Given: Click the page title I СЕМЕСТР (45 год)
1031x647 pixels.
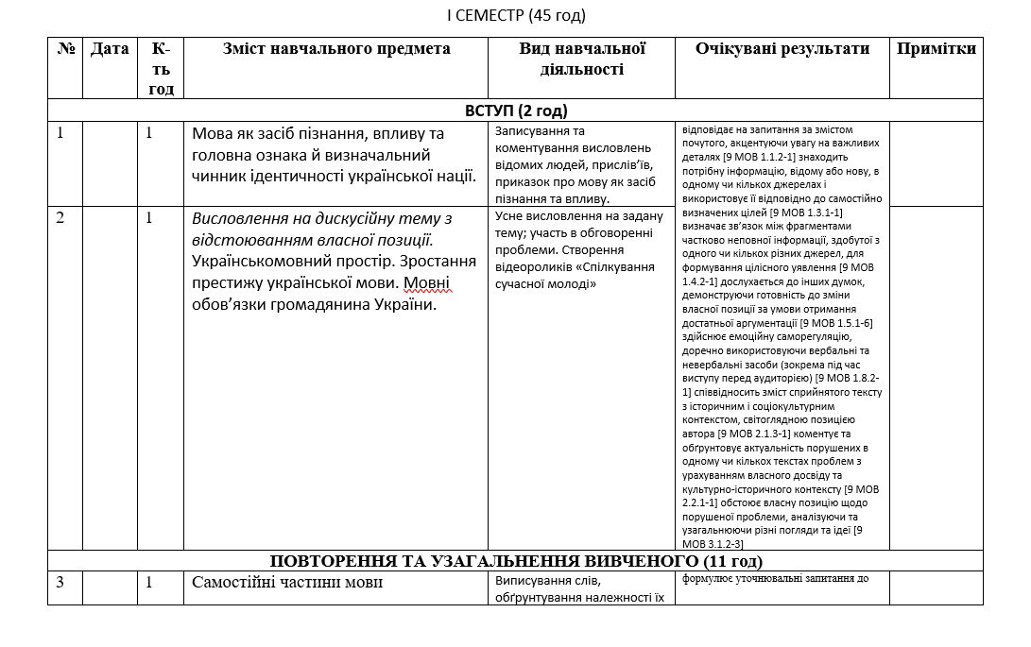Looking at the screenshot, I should (x=516, y=14).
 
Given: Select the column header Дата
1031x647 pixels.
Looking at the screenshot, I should (x=110, y=49).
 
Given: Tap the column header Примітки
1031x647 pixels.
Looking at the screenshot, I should (x=936, y=49).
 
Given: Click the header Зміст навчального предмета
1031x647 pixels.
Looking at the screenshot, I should (x=336, y=49).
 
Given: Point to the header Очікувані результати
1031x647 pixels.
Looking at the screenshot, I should (x=782, y=49).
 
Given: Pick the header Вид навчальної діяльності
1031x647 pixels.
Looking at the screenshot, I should (x=581, y=59).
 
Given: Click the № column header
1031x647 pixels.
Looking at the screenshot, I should (x=65, y=49).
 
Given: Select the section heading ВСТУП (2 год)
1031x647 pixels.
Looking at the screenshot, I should (x=516, y=111).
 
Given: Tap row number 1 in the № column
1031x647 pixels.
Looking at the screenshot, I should (x=60, y=133).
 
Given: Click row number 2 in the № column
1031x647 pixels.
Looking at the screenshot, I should (x=60, y=218).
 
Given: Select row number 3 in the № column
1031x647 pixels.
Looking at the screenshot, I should (x=60, y=582).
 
